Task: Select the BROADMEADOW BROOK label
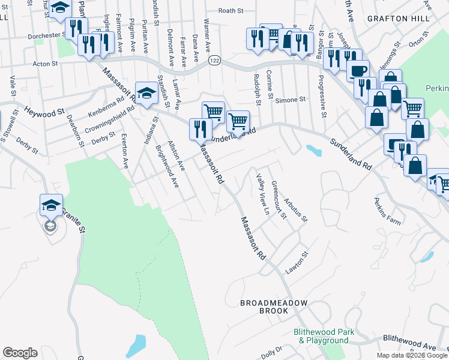(274, 307)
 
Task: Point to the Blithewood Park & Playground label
(324, 336)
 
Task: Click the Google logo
(20, 353)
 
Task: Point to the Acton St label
(45, 62)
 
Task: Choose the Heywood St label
(43, 113)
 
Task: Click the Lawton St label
(297, 262)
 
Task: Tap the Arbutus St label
(296, 209)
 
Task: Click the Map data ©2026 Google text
(412, 355)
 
